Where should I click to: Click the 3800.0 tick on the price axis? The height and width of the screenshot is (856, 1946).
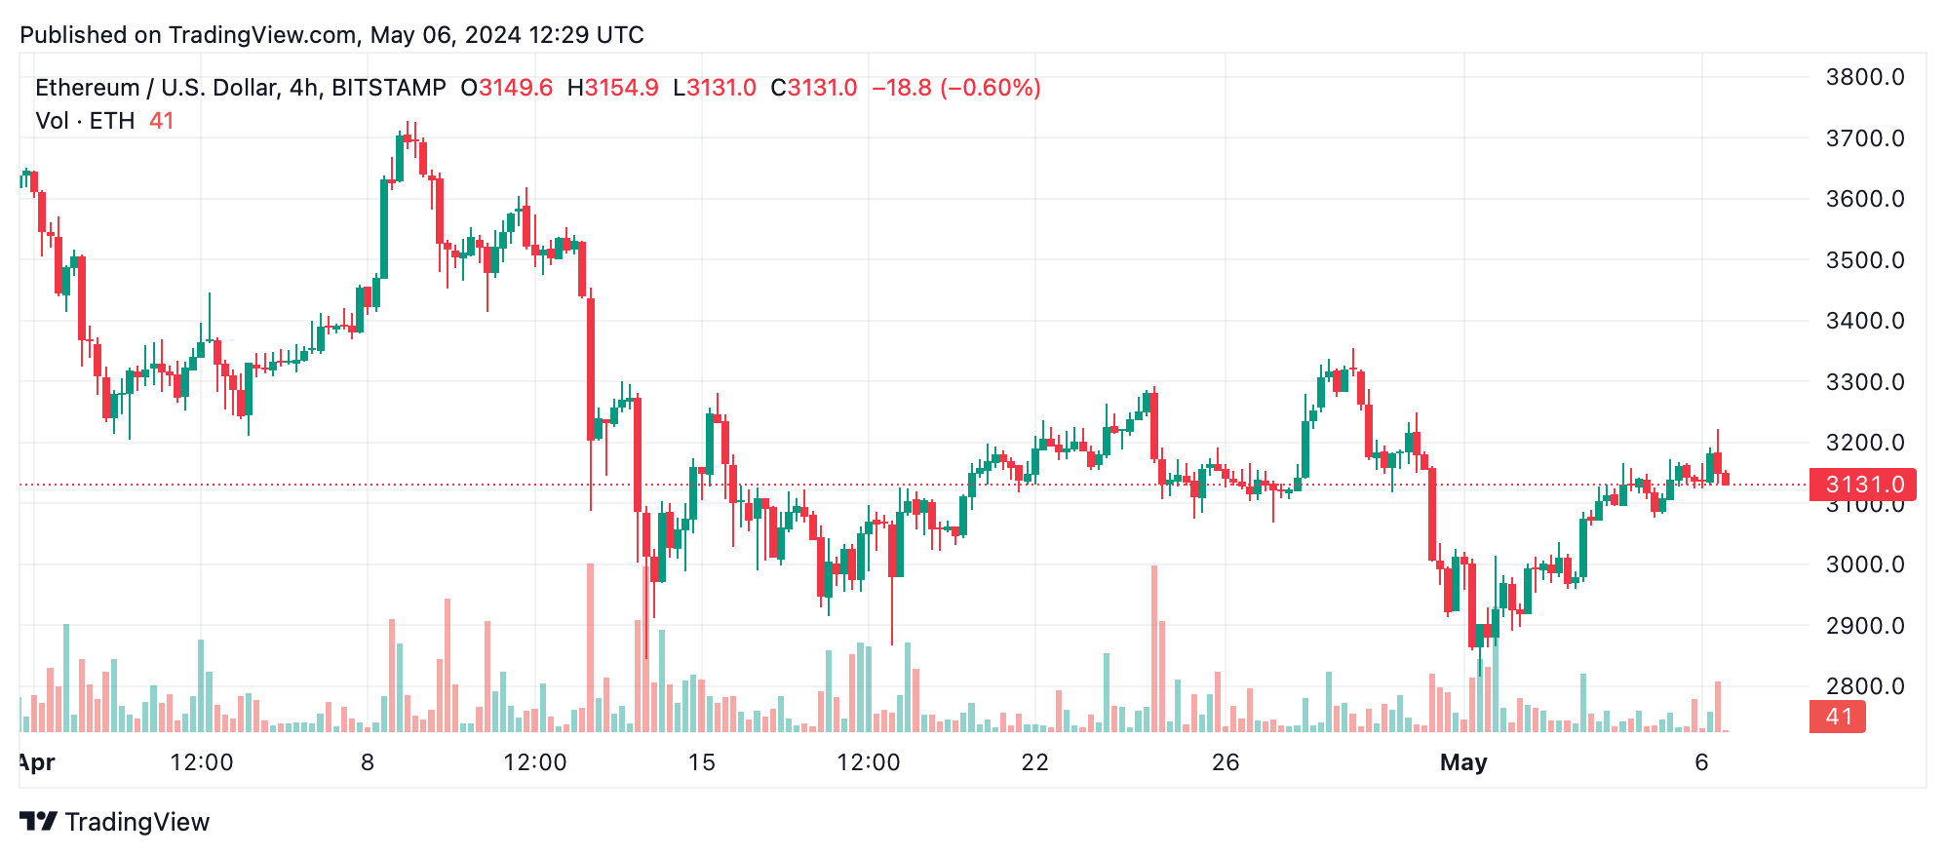pyautogui.click(x=1864, y=77)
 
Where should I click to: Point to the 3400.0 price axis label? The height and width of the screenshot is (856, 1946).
pyautogui.click(x=1864, y=321)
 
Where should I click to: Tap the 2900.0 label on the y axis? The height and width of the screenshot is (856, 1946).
pyautogui.click(x=1864, y=626)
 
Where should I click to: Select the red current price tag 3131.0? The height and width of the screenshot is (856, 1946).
pyautogui.click(x=1862, y=485)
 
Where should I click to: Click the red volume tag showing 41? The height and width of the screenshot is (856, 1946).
pyautogui.click(x=1838, y=717)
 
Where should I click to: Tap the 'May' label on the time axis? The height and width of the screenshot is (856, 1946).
pyautogui.click(x=1463, y=762)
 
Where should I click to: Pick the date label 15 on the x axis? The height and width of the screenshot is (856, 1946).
pyautogui.click(x=702, y=762)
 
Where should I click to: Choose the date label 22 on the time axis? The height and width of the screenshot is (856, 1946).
pyautogui.click(x=1034, y=762)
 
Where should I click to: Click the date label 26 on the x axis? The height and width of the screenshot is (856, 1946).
pyautogui.click(x=1226, y=762)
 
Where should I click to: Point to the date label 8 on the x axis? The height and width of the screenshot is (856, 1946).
pyautogui.click(x=368, y=762)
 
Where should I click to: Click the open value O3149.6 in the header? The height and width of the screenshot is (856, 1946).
pyautogui.click(x=507, y=88)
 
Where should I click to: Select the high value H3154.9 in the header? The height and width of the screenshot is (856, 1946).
pyautogui.click(x=612, y=88)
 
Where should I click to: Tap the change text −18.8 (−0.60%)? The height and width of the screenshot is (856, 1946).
pyautogui.click(x=956, y=88)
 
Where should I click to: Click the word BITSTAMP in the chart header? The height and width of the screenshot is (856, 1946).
pyautogui.click(x=389, y=88)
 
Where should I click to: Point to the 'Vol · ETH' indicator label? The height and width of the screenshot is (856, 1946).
pyautogui.click(x=85, y=121)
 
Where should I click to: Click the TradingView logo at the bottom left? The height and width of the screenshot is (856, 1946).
pyautogui.click(x=115, y=822)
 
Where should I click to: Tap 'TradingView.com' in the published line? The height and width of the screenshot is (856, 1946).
pyautogui.click(x=262, y=35)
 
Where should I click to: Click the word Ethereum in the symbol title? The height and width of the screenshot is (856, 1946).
pyautogui.click(x=88, y=88)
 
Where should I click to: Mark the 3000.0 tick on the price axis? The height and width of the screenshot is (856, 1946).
pyautogui.click(x=1864, y=564)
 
